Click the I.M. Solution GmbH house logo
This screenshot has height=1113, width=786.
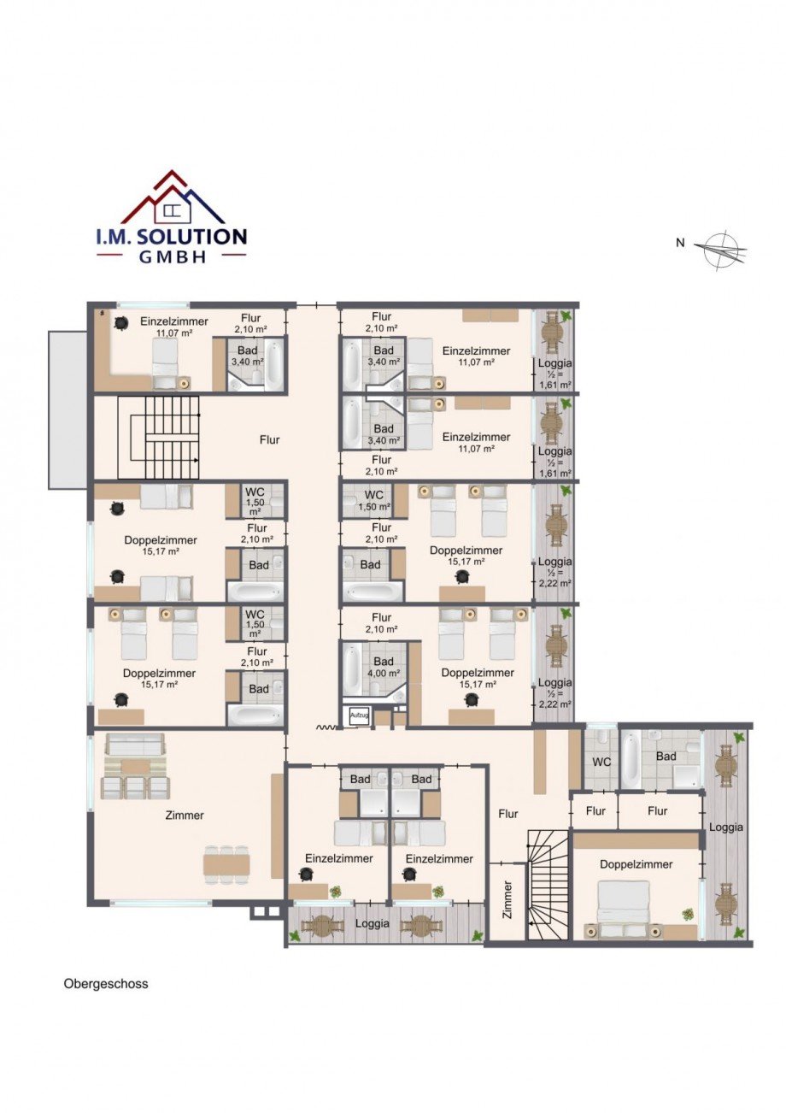coord(172,216)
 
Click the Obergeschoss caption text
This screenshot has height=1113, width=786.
coord(106,984)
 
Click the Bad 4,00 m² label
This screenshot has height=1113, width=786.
coord(384,668)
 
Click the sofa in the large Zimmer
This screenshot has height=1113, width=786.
coord(136,746)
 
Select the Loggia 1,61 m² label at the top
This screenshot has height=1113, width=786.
coord(555,374)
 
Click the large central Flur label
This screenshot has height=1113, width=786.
coord(270,439)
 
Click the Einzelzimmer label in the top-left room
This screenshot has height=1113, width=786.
coord(173,321)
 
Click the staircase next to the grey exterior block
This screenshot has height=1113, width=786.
coord(158,438)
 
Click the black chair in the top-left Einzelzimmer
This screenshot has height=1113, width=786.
coord(120,323)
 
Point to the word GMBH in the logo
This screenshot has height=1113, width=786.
coord(172,256)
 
